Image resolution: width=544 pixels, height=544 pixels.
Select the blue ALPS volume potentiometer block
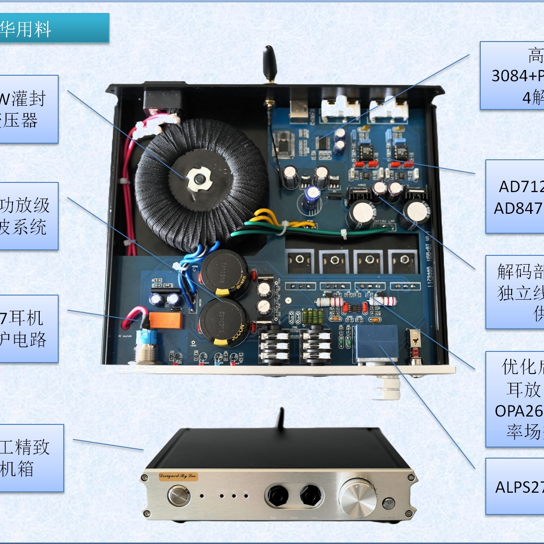coord(376,344)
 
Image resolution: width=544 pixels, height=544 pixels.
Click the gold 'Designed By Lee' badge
coord(178,476)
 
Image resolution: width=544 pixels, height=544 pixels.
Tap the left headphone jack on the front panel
coord(278,496)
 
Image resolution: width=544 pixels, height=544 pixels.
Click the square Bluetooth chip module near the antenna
coord(283,140)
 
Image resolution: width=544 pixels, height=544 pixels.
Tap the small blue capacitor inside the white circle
coord(313,193)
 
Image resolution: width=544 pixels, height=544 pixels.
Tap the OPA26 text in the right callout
coord(518,411)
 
